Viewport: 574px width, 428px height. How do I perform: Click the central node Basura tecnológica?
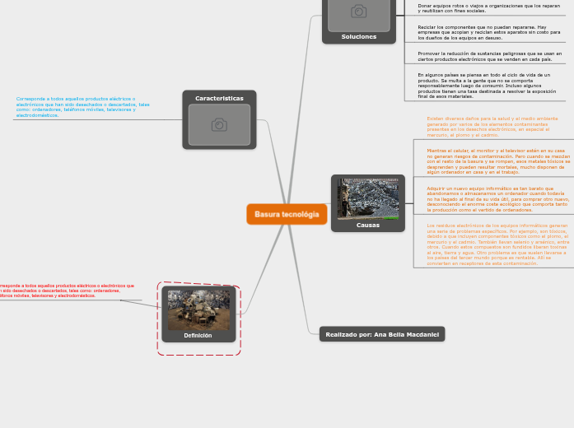[287, 214]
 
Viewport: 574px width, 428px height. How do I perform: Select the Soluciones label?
[359, 36]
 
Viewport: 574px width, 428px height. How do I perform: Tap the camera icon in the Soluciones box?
[359, 12]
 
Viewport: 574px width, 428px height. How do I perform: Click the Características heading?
[219, 98]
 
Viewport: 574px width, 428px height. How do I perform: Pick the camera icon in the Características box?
[219, 124]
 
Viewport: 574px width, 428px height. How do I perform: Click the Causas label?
[368, 225]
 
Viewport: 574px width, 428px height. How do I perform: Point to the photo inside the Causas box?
[368, 198]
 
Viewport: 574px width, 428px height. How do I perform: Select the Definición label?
[198, 335]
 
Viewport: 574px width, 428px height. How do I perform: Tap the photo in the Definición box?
[198, 309]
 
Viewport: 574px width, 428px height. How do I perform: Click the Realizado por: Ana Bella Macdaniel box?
[382, 334]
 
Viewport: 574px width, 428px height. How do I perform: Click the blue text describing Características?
[82, 107]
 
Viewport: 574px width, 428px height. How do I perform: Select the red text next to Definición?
[66, 291]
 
